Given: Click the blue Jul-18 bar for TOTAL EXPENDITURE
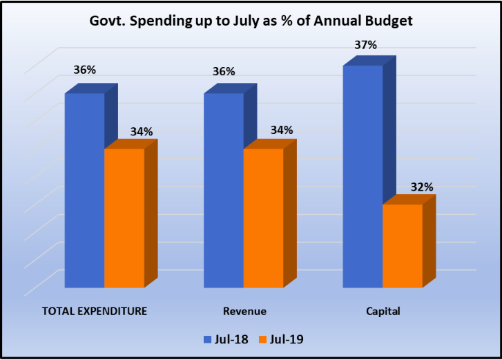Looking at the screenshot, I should pos(84,190).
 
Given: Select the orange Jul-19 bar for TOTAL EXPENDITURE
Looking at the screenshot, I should pos(124,218).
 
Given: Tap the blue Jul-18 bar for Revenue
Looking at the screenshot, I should pos(223,190).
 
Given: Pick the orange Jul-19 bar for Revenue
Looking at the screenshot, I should pos(263,218).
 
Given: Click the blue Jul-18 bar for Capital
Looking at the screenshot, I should pos(363,176).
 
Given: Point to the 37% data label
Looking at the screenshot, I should pos(366,45).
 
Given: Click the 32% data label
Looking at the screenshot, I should pos(423,187).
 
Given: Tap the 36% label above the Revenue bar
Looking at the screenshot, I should pos(224,72).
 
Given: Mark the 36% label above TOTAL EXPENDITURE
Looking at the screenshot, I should pos(84,70).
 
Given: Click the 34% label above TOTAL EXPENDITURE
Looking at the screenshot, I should pos(142,131).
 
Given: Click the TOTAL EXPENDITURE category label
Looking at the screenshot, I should pos(95,311).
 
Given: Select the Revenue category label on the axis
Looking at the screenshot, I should pos(244,311).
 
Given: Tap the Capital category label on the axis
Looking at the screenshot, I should pos(383,311).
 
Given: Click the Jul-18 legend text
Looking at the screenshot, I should pos(231,339).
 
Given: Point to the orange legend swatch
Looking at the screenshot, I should pos(262,339).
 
